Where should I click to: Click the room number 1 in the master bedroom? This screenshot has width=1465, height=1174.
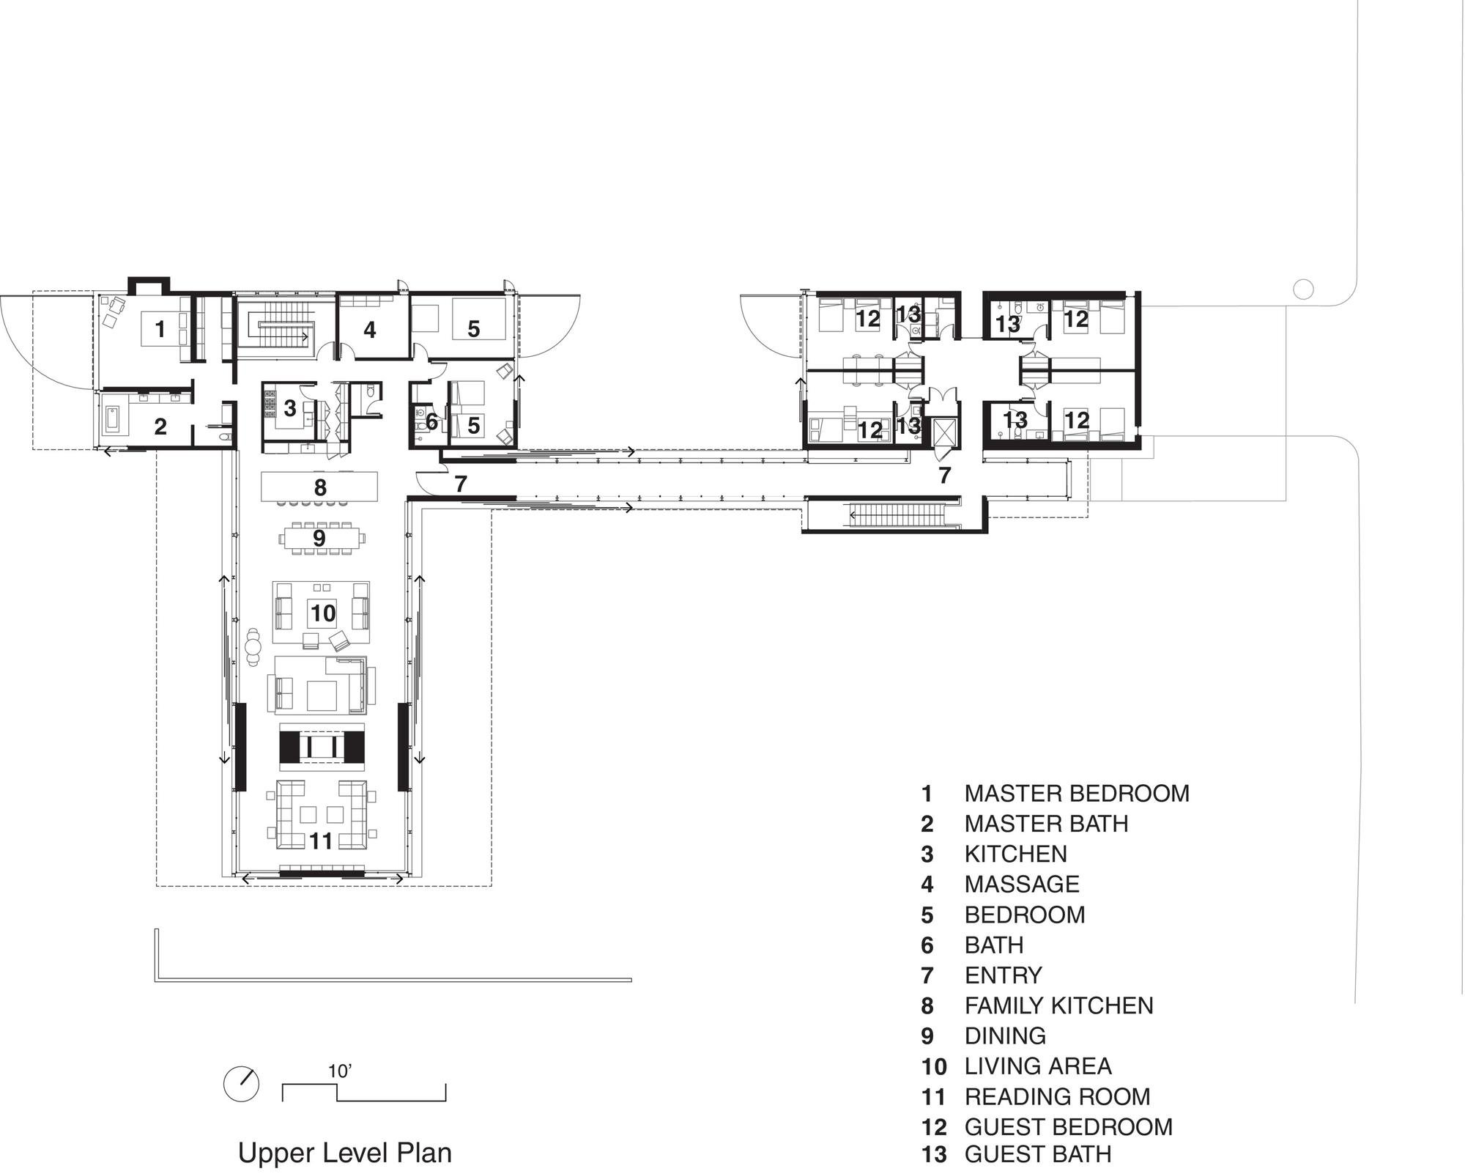click(160, 329)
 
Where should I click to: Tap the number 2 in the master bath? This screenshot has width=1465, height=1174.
click(160, 427)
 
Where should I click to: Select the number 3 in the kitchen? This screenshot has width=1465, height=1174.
click(290, 408)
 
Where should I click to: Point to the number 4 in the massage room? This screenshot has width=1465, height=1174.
click(370, 331)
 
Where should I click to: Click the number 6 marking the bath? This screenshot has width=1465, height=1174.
click(431, 422)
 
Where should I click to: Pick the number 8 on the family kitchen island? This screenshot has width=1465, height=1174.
click(320, 487)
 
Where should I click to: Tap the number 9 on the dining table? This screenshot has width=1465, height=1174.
click(319, 539)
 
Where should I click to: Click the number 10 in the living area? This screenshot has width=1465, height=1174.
click(323, 613)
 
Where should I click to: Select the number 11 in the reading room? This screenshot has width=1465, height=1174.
click(322, 841)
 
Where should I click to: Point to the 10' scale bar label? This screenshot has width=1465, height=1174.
click(340, 1071)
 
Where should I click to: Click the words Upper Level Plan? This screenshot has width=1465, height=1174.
click(345, 1153)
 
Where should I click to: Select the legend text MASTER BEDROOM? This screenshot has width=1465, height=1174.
click(1077, 793)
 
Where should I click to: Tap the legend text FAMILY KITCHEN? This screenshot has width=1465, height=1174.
click(1059, 1005)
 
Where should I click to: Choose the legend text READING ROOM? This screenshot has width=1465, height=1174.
click(1058, 1096)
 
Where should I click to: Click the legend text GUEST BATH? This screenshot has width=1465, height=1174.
click(1038, 1154)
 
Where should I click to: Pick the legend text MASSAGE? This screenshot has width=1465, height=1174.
click(1022, 884)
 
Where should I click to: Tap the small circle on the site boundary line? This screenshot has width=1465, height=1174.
click(1303, 289)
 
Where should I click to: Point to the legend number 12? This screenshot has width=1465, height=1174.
click(934, 1127)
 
